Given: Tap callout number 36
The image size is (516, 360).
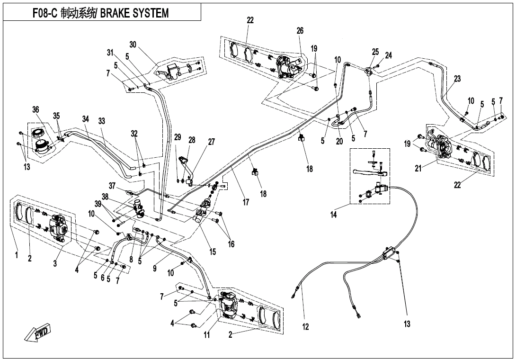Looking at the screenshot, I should [x=36, y=110].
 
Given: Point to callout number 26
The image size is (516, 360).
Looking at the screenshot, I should [x=300, y=31].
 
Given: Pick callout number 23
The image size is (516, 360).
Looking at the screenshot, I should [x=457, y=79].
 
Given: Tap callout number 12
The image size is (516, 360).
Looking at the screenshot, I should [x=305, y=326].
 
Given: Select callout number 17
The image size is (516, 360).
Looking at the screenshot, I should [x=246, y=202].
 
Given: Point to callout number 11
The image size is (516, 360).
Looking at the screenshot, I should [x=206, y=335].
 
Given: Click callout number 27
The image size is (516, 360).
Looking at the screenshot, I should [x=211, y=142].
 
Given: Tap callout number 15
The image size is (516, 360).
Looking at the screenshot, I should [x=213, y=252].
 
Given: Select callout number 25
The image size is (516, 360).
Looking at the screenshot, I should [x=375, y=52].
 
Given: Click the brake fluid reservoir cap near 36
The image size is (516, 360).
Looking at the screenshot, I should [x=37, y=131].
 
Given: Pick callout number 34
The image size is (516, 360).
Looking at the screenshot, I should [x=85, y=119].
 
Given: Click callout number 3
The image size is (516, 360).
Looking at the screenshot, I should [x=55, y=264].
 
